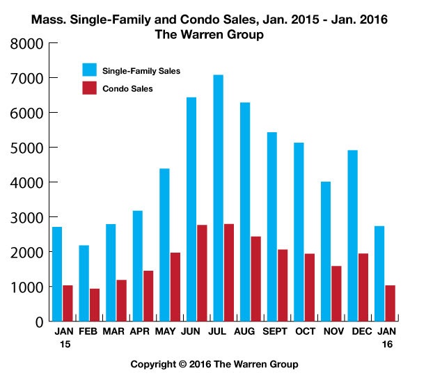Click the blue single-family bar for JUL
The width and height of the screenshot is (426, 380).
tap(219, 198)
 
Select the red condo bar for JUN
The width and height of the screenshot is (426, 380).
tap(202, 273)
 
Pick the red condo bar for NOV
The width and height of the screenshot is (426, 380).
tap(336, 293)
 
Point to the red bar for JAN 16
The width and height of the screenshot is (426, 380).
tap(390, 303)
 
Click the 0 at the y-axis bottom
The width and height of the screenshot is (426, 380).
tap(38, 322)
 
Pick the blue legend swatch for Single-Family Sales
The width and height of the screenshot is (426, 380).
tap(89, 70)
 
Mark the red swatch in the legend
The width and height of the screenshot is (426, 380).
tap(89, 88)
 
